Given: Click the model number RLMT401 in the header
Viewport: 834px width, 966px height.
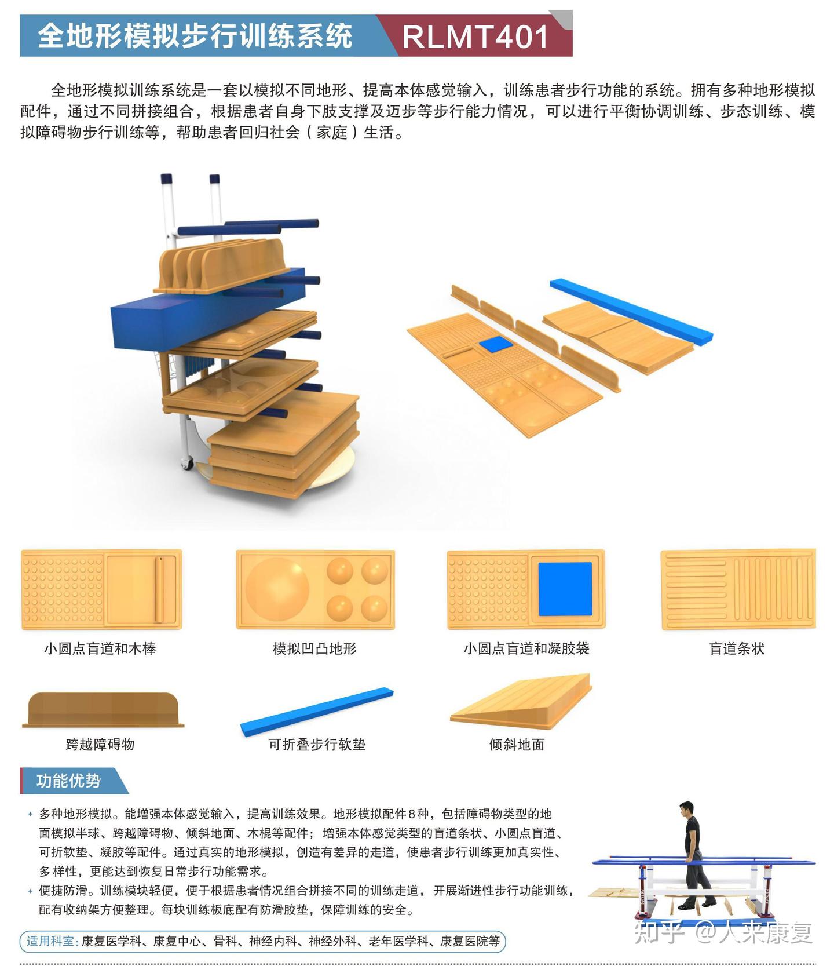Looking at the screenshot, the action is point(475,37).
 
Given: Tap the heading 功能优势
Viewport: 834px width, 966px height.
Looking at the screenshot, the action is point(68,781).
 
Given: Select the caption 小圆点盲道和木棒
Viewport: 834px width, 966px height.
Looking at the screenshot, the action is point(100,648).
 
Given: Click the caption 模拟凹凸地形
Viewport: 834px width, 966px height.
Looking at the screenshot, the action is point(314,648).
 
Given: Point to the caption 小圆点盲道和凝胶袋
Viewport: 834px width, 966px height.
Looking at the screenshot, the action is point(526,648).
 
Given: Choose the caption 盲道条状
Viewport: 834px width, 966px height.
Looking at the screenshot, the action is point(737,648).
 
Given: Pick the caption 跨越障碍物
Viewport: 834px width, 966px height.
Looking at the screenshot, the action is point(100,744).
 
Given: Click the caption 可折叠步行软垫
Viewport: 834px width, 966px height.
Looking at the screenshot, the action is point(317,744).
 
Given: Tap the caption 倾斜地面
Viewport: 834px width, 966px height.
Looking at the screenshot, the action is point(517,744).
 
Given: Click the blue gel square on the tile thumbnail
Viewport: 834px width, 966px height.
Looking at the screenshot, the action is point(565,589).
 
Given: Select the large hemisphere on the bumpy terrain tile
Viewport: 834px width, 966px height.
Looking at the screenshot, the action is point(277,589).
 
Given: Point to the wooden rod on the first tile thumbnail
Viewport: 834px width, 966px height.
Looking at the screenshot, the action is point(159,589).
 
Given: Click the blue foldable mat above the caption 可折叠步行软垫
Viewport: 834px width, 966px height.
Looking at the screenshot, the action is point(317,712).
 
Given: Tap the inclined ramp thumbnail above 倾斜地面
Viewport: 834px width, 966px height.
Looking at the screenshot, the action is point(521,701).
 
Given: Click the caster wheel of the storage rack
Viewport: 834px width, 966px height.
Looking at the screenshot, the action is point(186,464).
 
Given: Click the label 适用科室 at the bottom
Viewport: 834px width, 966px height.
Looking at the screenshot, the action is point(50,941).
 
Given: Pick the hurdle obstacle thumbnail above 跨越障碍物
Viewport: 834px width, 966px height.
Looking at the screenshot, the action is point(103,709).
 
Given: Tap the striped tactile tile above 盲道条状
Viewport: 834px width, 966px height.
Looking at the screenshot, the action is point(738,589).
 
